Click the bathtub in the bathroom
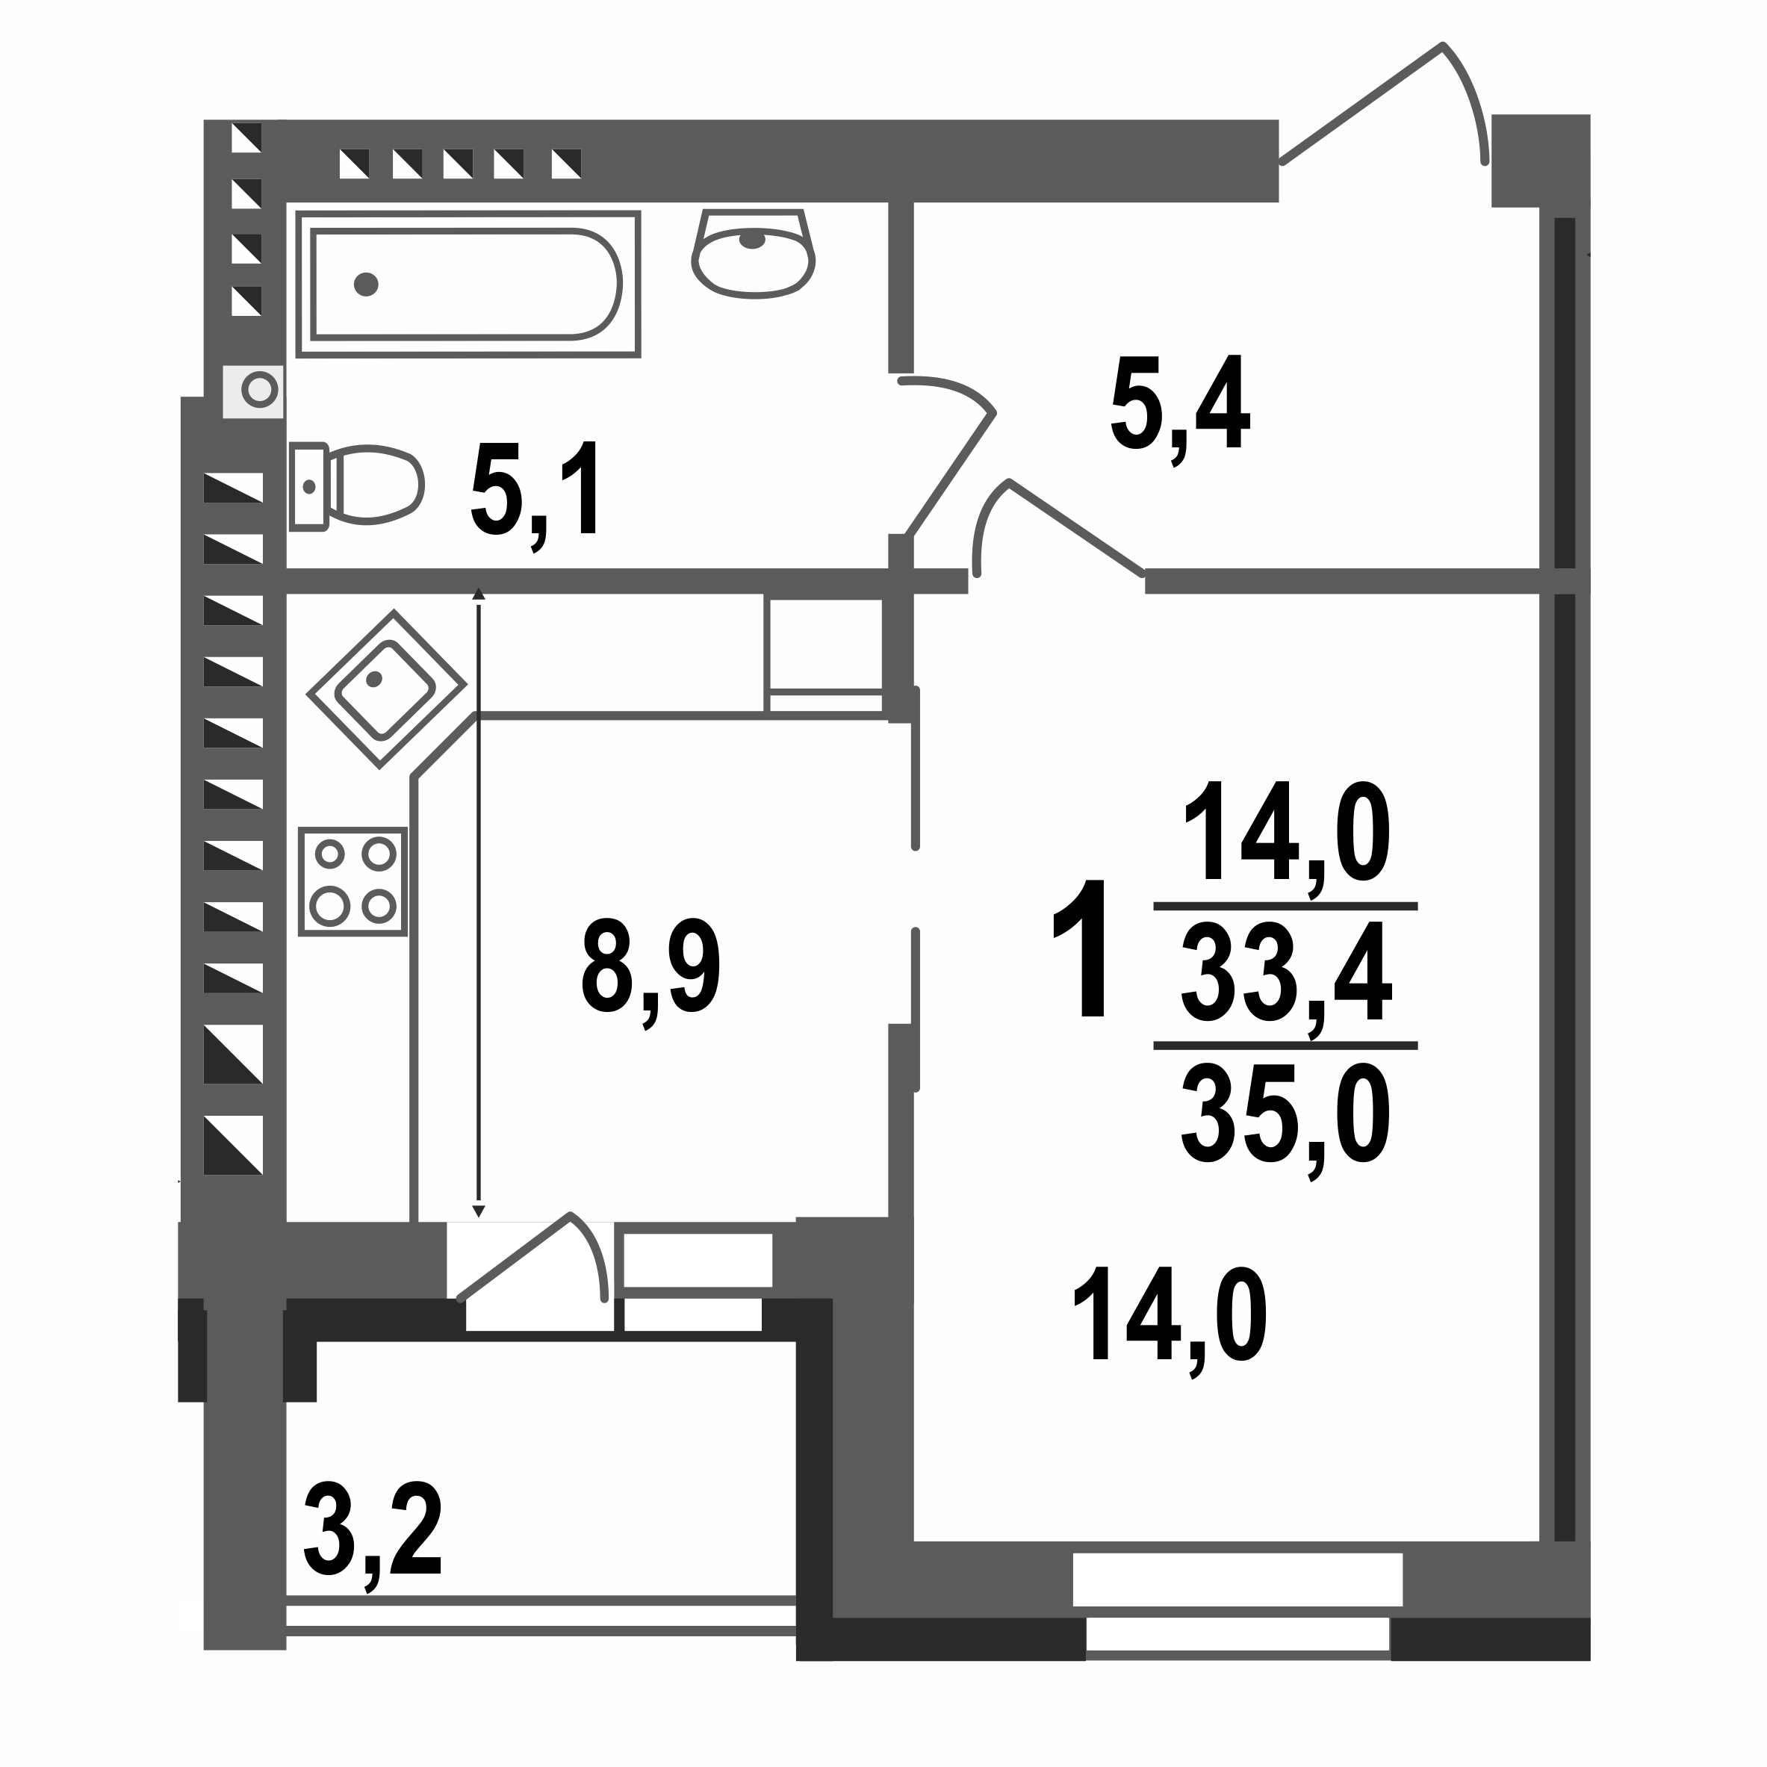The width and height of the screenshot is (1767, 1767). pyautogui.click(x=467, y=285)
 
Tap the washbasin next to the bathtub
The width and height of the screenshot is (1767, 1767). pyautogui.click(x=753, y=261)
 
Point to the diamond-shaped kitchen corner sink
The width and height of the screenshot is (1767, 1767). pyautogui.click(x=386, y=689)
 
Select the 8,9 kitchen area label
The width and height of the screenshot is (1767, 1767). pyautogui.click(x=650, y=969)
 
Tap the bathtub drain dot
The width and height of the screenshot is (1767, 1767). pyautogui.click(x=366, y=285)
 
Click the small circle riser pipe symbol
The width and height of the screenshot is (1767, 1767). pyautogui.click(x=260, y=390)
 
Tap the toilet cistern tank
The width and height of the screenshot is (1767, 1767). pyautogui.click(x=308, y=487)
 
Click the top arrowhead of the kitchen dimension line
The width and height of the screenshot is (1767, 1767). pyautogui.click(x=477, y=594)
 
